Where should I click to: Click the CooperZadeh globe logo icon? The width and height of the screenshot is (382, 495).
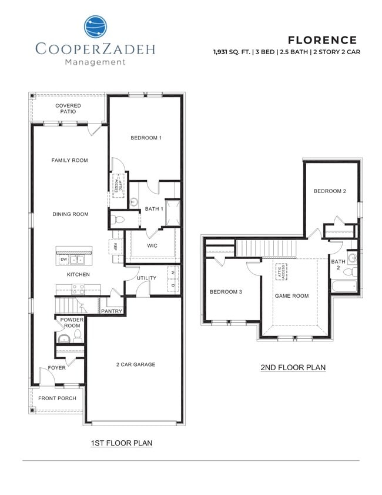[x=95, y=27]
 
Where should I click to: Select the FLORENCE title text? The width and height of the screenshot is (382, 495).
[x=322, y=40]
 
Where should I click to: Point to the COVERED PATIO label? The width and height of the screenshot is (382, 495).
[x=68, y=108]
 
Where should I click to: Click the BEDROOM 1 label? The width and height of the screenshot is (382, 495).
[x=146, y=138]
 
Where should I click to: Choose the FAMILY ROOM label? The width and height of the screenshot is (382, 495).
[x=69, y=160]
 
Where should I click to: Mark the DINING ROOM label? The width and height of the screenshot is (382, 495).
[x=71, y=214]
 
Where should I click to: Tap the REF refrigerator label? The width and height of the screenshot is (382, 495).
[x=116, y=247]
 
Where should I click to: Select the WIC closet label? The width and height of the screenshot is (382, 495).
[x=152, y=245]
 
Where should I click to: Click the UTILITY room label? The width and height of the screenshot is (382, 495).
[x=146, y=278]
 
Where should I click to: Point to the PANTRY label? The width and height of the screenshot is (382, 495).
[x=112, y=311]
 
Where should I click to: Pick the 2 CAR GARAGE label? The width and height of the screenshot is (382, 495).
[x=136, y=364]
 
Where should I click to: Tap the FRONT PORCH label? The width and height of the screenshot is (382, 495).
[x=57, y=398]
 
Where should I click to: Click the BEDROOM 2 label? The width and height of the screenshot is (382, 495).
[x=329, y=191]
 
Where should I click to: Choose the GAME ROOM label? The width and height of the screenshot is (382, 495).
[x=291, y=296]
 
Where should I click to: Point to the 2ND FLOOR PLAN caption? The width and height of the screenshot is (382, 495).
[x=293, y=367]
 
